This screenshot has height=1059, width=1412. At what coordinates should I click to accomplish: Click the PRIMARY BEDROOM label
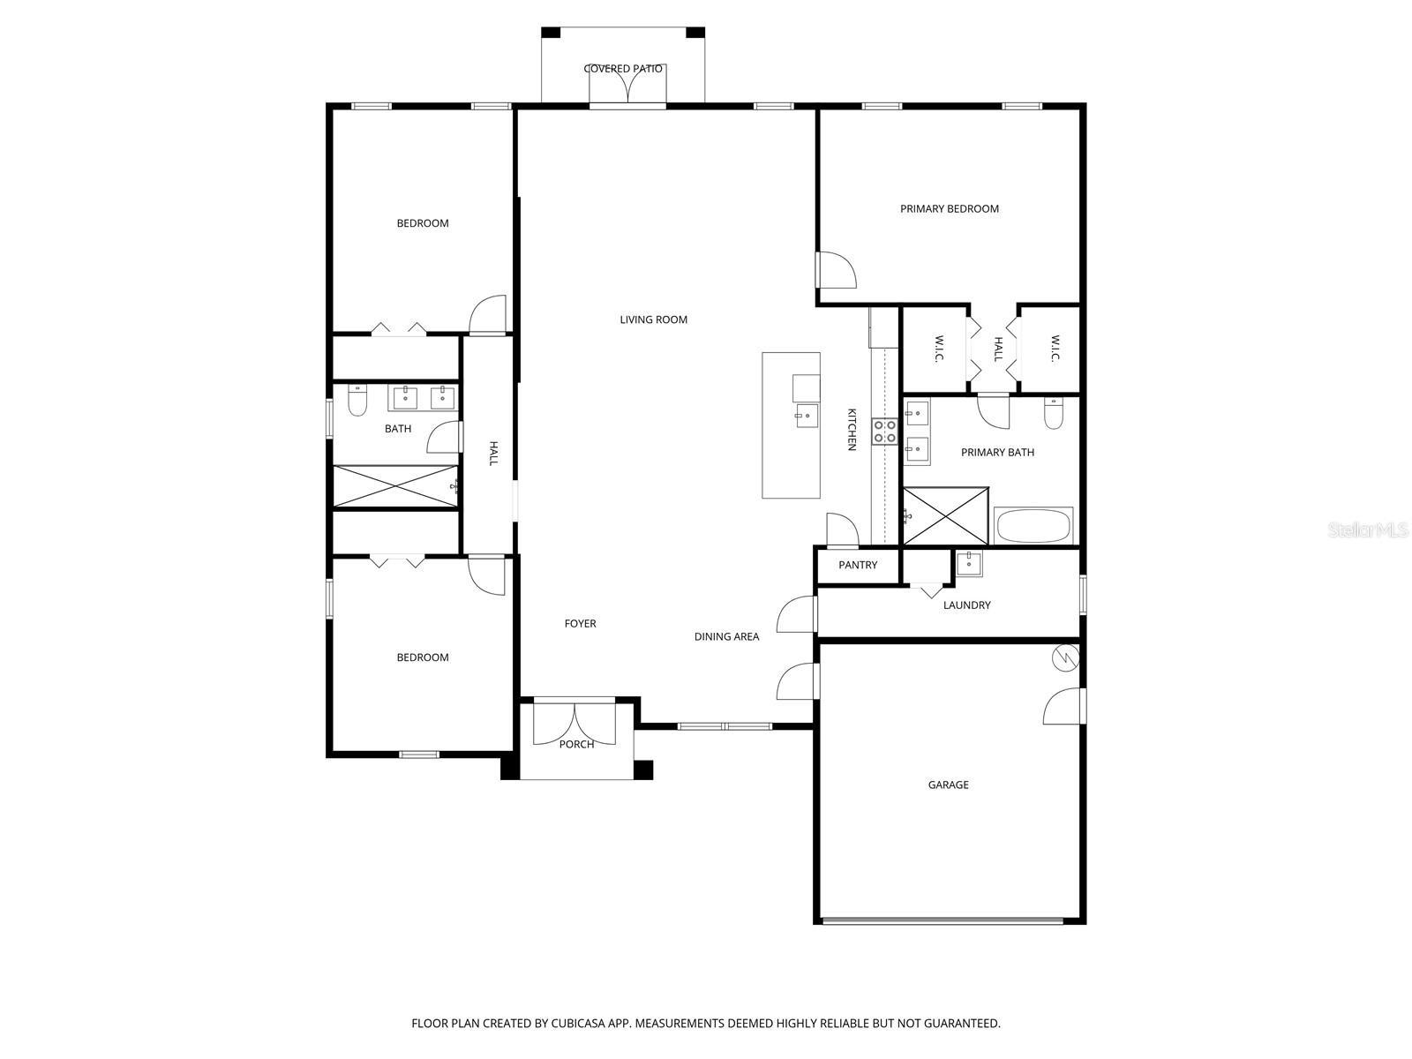coord(949,209)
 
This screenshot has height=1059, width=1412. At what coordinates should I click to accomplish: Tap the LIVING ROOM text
coord(653,319)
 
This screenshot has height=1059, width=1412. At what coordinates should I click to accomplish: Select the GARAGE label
coord(948,785)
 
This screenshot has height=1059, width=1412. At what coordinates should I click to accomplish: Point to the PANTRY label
coord(858,565)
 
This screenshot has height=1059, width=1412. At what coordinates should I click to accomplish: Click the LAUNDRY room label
coord(966,605)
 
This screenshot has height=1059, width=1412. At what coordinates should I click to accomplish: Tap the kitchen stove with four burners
coord(885,432)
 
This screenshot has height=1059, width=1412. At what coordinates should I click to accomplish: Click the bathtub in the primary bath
coord(1033,527)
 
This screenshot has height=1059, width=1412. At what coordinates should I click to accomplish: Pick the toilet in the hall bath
coord(357,402)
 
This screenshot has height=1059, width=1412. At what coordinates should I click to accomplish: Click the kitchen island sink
coord(806,415)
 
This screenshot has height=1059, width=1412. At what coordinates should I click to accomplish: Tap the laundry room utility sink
coord(968,562)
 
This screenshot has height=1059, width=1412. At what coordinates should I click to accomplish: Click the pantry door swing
coord(842,529)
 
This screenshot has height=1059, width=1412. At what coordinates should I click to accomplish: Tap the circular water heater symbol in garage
coord(1066,657)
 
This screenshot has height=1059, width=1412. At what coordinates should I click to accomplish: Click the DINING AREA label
coord(726,636)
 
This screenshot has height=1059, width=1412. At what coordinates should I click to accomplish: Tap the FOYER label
coord(580,624)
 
